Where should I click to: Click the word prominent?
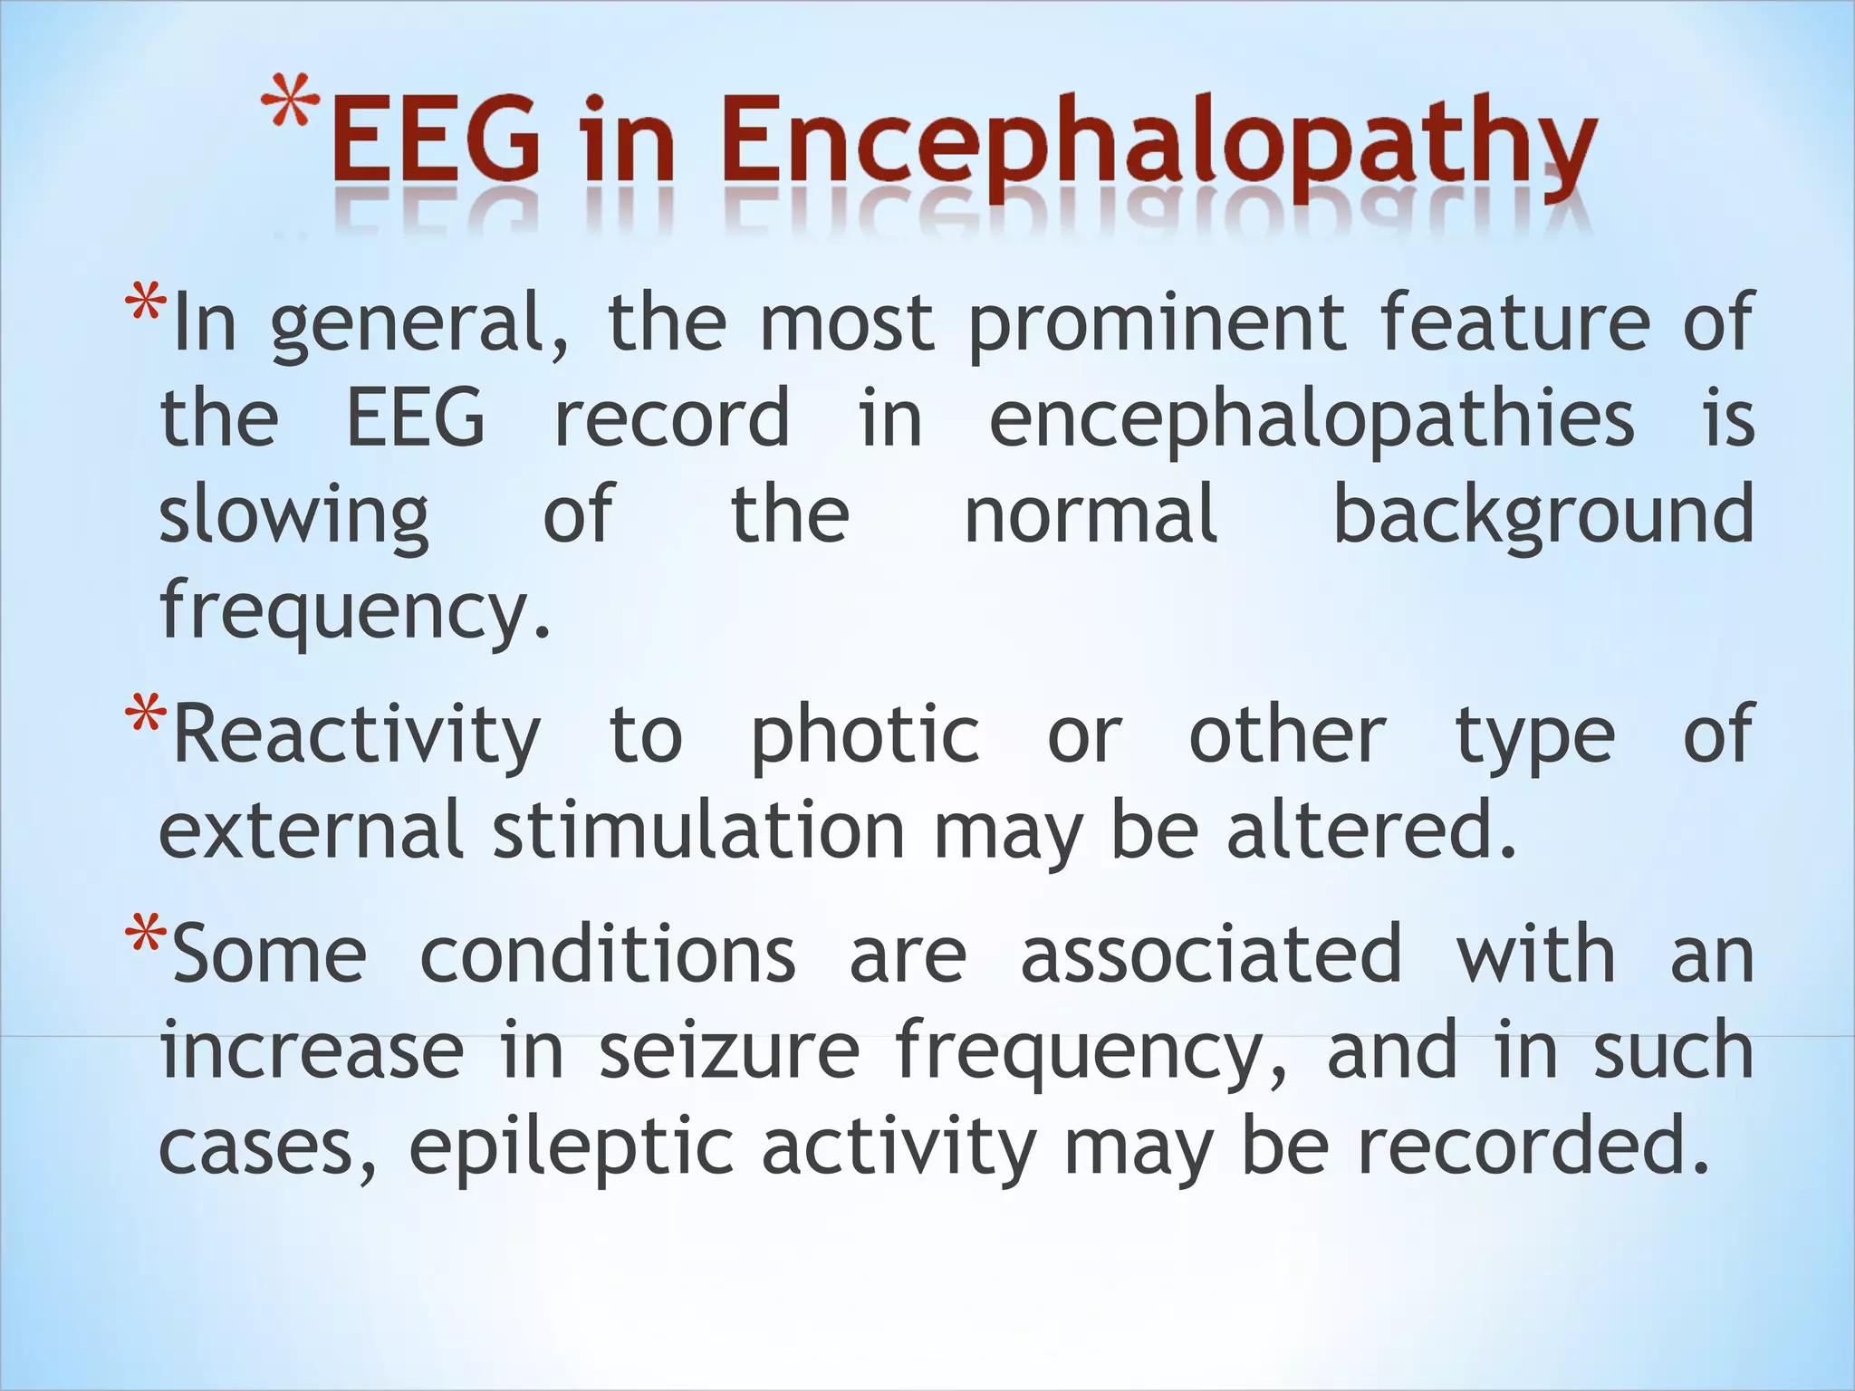[1158, 324]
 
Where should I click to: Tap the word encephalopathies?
[1312, 418]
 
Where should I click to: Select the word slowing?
[293, 516]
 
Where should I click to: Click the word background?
[1543, 516]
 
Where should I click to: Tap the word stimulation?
[698, 831]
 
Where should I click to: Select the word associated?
[1211, 955]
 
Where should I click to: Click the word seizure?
[729, 1050]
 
